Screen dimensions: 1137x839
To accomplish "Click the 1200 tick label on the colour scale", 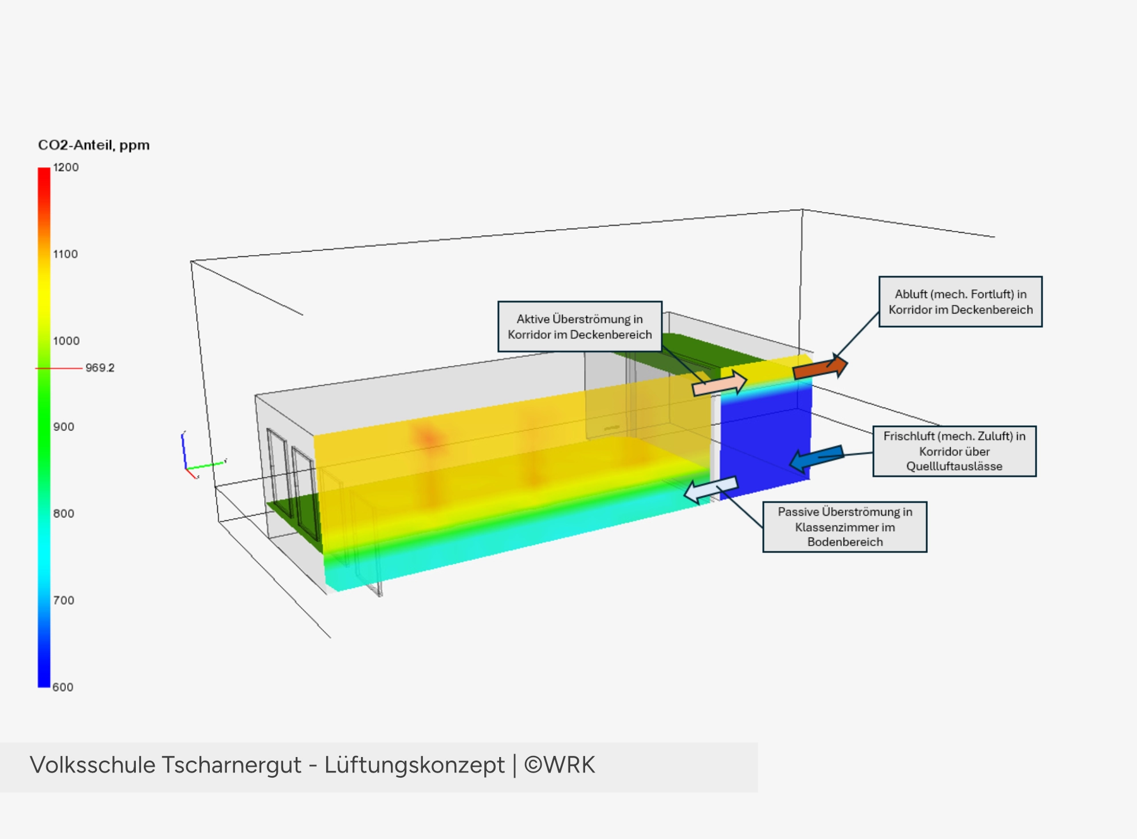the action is pos(66,167).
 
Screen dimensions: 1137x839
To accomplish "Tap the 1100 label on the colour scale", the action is pos(65,254).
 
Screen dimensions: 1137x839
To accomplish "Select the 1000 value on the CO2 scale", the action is pos(66,341).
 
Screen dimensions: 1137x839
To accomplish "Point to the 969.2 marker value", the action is pos(100,368).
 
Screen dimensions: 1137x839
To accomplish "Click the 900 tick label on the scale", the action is pos(64,427).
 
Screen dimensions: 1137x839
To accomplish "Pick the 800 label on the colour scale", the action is pos(64,513).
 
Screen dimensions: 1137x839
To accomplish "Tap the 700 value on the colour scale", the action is pos(64,601).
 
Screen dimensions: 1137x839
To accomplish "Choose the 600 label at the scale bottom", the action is pos(63,687).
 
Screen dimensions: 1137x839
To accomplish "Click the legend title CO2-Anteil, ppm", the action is pos(94,146).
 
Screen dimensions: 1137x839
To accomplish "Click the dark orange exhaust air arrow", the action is pos(820,367).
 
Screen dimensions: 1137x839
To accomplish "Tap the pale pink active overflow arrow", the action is pos(720,383).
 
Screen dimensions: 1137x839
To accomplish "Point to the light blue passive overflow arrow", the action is pos(711,490).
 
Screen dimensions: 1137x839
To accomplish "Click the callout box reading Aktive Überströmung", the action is pos(580,327).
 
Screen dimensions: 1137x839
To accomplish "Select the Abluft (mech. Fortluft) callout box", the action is pos(960,302).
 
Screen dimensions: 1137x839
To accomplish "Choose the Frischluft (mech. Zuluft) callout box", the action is pos(955,451).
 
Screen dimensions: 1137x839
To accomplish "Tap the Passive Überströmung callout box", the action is pos(845,527).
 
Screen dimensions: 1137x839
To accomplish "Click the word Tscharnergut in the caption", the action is pos(231,766).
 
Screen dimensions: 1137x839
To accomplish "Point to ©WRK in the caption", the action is pos(560,765).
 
